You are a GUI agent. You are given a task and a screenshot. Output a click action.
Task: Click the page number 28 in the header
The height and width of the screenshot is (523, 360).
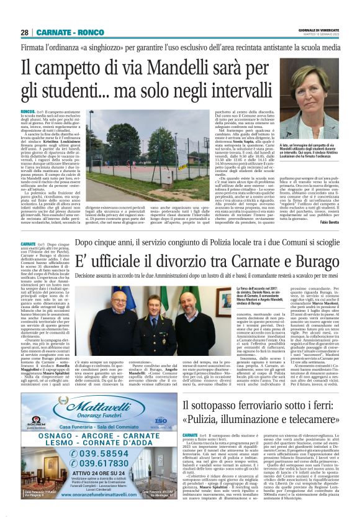tap(25, 32)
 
